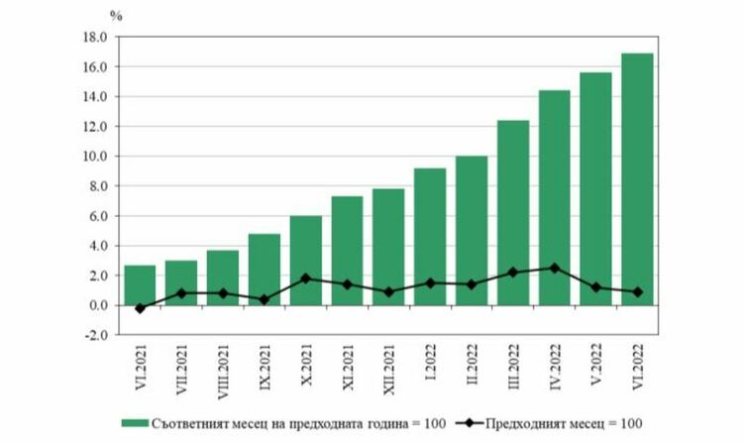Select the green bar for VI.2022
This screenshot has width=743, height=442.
637,178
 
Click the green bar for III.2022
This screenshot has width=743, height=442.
512,212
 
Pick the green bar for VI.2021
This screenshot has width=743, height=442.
140,284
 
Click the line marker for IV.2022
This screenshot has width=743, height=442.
554,268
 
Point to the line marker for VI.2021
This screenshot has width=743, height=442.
140,308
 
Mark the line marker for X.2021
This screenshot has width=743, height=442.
305,278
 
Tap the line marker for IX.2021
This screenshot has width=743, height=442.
265,299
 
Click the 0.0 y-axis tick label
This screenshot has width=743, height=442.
96,305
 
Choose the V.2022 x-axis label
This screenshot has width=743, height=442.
596,367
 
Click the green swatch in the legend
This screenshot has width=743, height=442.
134,423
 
